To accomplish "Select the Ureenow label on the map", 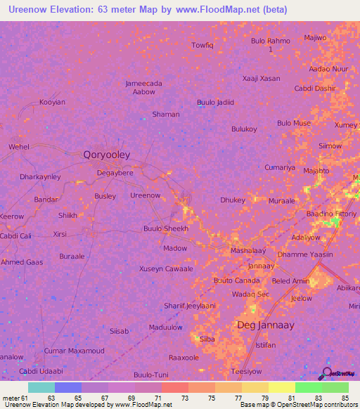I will coord(146,195).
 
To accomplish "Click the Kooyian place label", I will coord(52,102).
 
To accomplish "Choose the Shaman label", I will coord(166,114).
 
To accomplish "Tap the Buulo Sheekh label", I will coord(166,229).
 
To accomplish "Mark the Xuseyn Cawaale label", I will coord(166,269).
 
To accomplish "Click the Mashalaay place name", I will coord(247,250).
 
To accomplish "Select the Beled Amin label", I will coord(290,280).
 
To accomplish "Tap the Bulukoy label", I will coord(244,129).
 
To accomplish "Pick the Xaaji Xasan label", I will coord(261,79).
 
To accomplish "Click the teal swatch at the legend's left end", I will coord(41,387).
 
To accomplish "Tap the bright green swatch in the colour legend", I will coord(308,387).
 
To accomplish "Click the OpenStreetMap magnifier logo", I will coord(326,373).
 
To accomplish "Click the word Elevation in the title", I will coord(71,9).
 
